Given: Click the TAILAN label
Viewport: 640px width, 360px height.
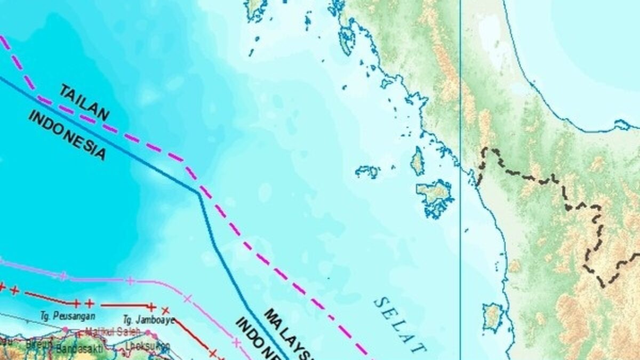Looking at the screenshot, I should point(85,101).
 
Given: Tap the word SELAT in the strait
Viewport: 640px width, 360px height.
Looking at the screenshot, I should point(400,325).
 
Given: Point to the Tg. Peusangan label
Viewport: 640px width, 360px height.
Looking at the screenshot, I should point(61,316).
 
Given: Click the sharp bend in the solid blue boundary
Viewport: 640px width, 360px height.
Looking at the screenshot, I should point(198,193).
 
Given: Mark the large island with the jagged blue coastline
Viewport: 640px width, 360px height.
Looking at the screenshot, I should point(435,196).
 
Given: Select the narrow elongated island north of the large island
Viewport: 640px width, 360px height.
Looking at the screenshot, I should point(418,161).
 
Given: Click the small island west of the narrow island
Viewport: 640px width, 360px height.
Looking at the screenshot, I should point(368,171).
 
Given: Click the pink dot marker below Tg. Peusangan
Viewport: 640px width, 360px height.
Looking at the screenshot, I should point(66,330).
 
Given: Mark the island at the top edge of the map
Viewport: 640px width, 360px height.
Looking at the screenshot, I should point(256,8).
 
